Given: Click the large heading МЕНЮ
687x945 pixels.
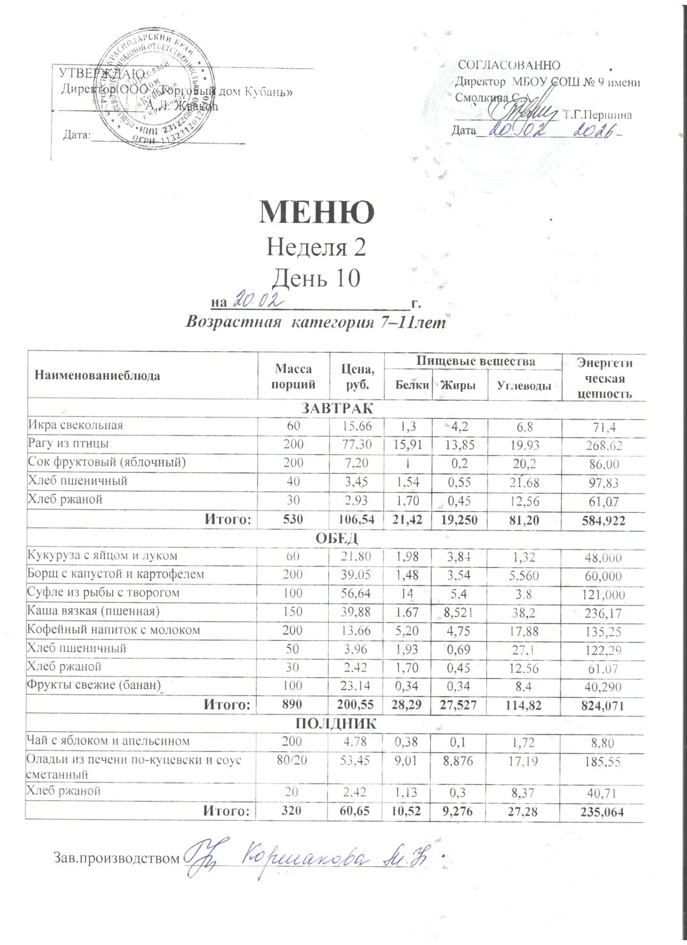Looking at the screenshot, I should tap(317, 212).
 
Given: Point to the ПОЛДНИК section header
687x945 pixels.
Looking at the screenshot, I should tap(336, 723).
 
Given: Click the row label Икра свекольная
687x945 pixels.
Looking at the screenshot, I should tap(75, 425).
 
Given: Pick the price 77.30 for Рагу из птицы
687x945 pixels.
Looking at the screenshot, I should tap(357, 444).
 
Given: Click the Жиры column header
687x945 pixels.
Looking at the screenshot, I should tap(458, 386).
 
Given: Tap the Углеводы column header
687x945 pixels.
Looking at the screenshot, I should tap(525, 386).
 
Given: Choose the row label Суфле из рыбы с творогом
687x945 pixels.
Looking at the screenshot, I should tap(103, 593).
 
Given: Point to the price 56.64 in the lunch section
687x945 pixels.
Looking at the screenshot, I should tap(357, 593).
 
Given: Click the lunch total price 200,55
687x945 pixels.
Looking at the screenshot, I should tap(357, 705).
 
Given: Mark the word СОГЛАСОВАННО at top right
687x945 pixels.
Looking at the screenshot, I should tap(509, 65).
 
